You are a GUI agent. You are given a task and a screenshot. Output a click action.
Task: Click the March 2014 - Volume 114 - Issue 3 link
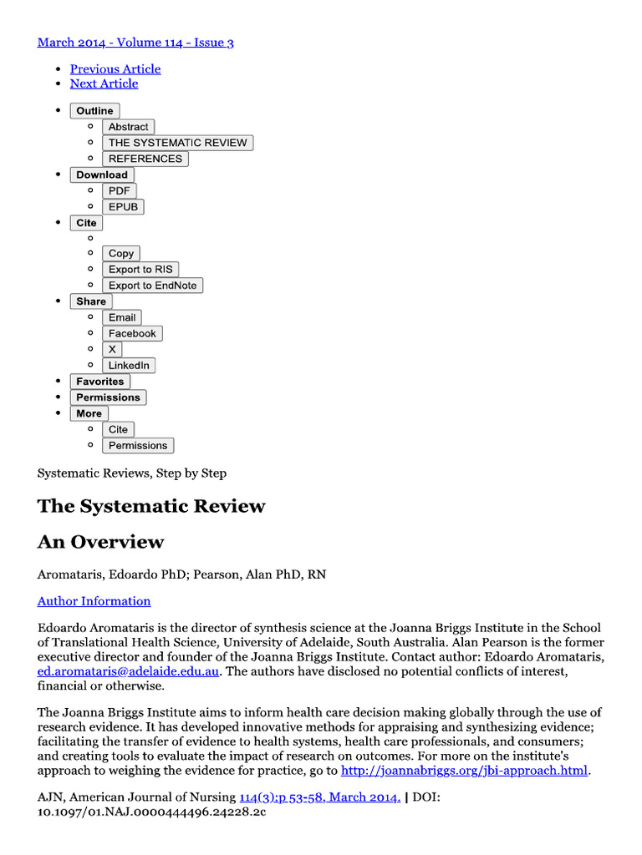click(x=135, y=42)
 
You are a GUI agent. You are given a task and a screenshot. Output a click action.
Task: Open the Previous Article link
click(x=115, y=68)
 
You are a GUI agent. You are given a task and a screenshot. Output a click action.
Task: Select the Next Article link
click(x=104, y=83)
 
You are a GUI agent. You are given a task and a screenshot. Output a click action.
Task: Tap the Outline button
click(x=94, y=111)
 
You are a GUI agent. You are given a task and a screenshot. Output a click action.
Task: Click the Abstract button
click(x=128, y=127)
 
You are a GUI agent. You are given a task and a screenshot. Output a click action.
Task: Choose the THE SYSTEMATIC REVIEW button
click(x=177, y=143)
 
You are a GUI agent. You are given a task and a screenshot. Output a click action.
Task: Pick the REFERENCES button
click(x=145, y=159)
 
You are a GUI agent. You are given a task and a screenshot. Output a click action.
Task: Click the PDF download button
click(x=119, y=190)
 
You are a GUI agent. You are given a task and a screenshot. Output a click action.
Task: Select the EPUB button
click(x=123, y=206)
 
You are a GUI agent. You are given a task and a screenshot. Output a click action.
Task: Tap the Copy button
click(x=121, y=253)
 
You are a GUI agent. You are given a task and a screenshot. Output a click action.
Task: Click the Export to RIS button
click(x=140, y=269)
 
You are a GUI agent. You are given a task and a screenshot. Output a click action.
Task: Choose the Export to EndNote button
click(x=152, y=286)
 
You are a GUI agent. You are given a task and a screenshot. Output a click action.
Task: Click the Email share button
click(x=122, y=317)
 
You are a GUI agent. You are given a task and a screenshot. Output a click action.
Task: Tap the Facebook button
click(x=132, y=333)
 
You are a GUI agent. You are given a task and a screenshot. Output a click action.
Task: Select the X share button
click(x=112, y=349)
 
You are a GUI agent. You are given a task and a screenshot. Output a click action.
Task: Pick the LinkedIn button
click(x=129, y=366)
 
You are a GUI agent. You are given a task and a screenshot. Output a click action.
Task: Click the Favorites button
click(x=99, y=382)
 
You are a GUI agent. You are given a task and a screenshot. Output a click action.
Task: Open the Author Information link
click(x=94, y=601)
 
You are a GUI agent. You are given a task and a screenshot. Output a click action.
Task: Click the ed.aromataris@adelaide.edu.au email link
click(x=129, y=671)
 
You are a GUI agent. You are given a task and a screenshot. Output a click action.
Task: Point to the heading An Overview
click(x=100, y=542)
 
